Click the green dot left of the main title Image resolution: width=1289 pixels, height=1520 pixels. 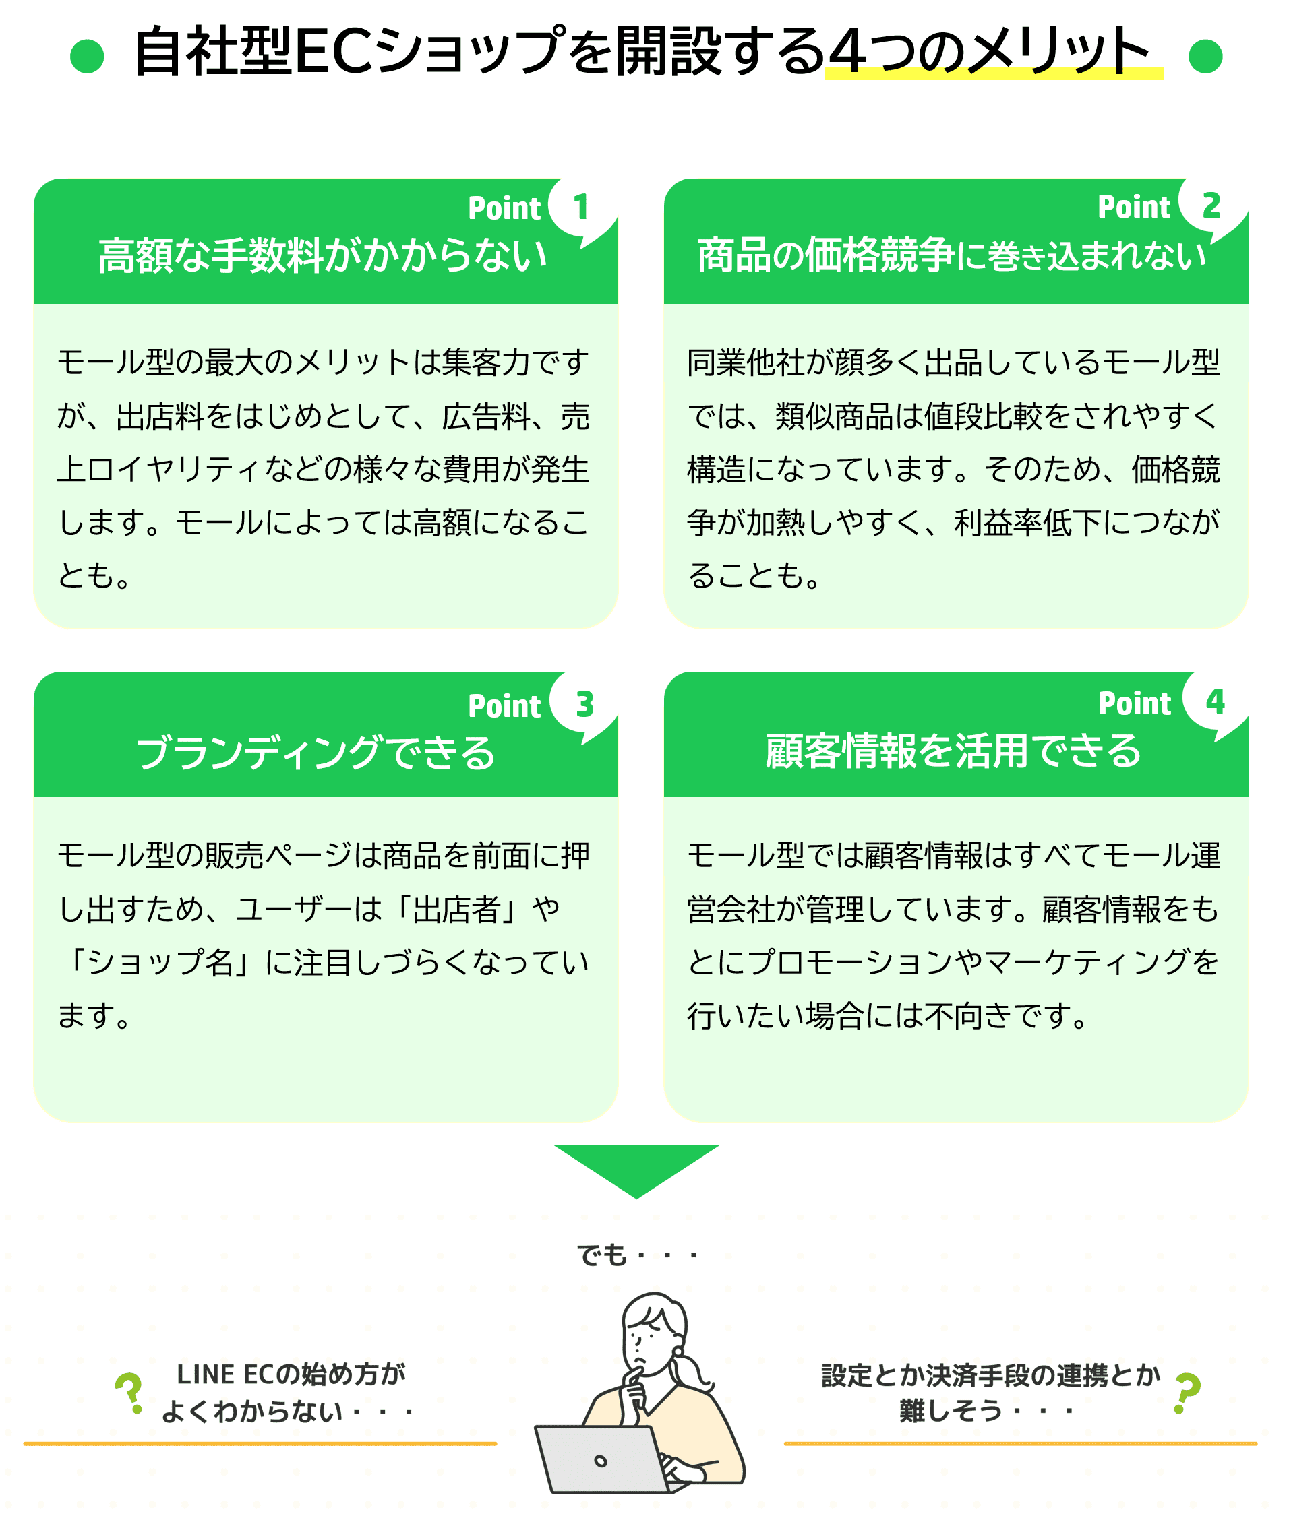(87, 56)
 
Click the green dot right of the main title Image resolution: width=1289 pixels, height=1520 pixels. (1205, 56)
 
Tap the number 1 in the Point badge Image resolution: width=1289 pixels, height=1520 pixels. (581, 208)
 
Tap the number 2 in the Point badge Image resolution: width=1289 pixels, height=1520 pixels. (1211, 206)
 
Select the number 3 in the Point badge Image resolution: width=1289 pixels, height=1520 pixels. (584, 705)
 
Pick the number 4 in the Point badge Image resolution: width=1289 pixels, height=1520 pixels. (1216, 703)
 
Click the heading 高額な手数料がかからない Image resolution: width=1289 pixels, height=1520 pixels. (323, 255)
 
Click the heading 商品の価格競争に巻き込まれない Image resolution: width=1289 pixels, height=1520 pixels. (952, 255)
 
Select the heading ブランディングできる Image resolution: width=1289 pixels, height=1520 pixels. (316, 753)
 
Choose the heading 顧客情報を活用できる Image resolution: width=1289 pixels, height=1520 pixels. (953, 751)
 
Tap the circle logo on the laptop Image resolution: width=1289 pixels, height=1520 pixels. (601, 1461)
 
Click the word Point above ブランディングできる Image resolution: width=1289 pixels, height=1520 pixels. (504, 706)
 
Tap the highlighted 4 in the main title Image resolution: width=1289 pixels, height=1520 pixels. (851, 52)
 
